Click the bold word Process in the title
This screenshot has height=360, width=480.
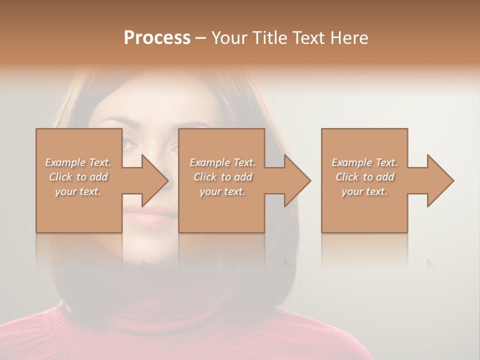(x=157, y=38)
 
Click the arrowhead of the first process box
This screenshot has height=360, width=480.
(x=154, y=180)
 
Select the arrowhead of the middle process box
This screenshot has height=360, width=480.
(x=297, y=180)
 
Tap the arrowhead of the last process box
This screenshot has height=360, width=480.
(x=440, y=180)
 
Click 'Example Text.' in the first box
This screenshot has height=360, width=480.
(x=78, y=162)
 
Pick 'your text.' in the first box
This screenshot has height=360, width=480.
(x=78, y=191)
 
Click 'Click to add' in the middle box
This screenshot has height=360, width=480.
(x=222, y=177)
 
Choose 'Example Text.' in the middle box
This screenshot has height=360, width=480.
(x=222, y=162)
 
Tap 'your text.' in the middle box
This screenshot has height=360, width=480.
(x=222, y=191)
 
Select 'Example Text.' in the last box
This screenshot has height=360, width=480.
(x=364, y=162)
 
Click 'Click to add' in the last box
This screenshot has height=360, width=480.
(x=364, y=177)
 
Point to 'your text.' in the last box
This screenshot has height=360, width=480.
(x=364, y=191)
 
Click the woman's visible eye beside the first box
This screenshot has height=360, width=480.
(x=129, y=144)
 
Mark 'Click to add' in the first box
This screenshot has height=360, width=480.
(x=78, y=177)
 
